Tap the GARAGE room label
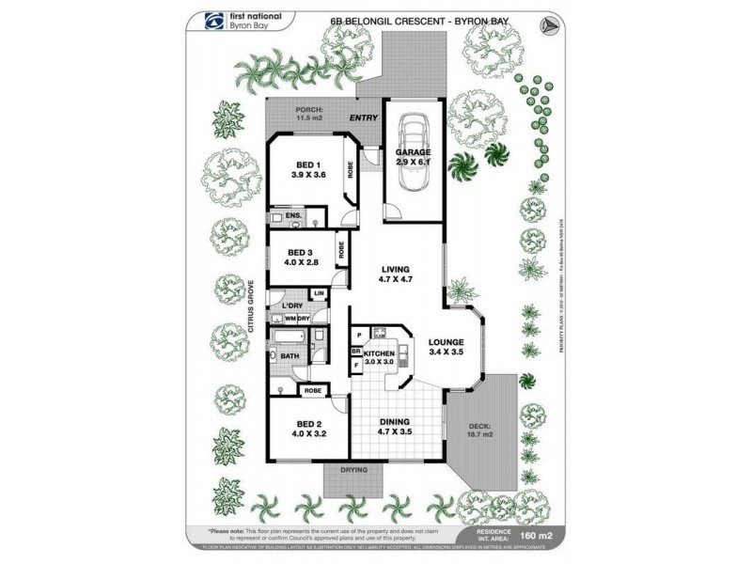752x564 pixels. click(414, 152)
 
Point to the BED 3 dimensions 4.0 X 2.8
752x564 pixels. click(301, 263)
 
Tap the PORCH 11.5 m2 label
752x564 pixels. click(309, 114)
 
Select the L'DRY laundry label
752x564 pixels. click(290, 306)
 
